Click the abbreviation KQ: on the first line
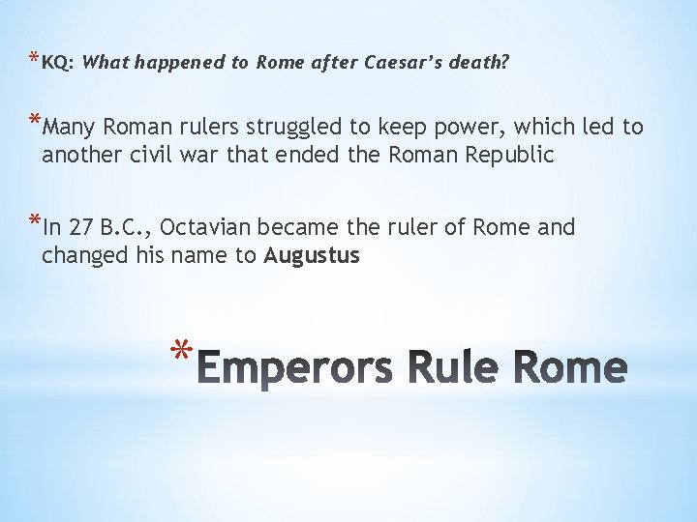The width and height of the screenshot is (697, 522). pyautogui.click(x=57, y=63)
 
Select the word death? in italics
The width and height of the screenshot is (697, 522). pyautogui.click(x=480, y=63)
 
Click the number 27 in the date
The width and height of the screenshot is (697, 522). pyautogui.click(x=82, y=228)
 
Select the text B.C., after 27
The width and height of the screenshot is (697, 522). pyautogui.click(x=127, y=228)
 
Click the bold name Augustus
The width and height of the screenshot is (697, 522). pyautogui.click(x=312, y=256)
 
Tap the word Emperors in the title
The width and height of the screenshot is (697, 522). pyautogui.click(x=300, y=368)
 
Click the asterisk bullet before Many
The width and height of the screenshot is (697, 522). pyautogui.click(x=35, y=123)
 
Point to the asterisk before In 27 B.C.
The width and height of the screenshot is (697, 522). pyautogui.click(x=35, y=223)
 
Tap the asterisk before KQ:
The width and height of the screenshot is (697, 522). pyautogui.click(x=35, y=59)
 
